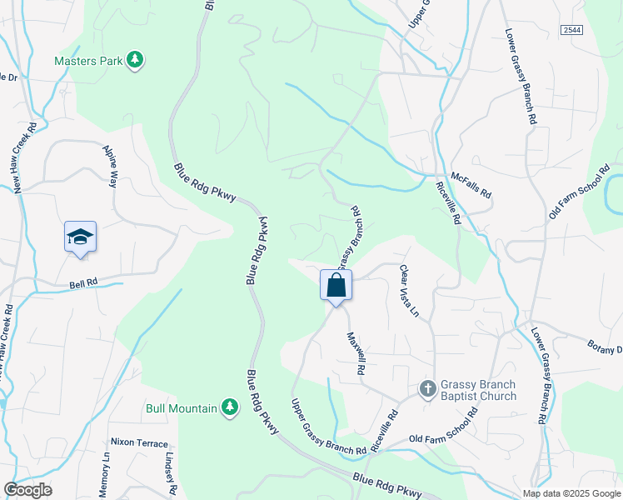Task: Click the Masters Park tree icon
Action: click(135, 60)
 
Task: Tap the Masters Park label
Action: click(87, 61)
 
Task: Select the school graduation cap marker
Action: click(81, 237)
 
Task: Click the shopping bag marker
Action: click(336, 286)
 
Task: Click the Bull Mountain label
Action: click(182, 408)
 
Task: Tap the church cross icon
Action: click(427, 388)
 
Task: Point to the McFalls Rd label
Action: click(471, 185)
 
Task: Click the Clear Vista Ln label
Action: click(407, 291)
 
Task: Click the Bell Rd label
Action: click(84, 283)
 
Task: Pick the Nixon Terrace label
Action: click(139, 443)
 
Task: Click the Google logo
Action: click(27, 490)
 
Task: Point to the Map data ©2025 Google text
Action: click(571, 493)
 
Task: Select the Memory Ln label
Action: click(106, 472)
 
